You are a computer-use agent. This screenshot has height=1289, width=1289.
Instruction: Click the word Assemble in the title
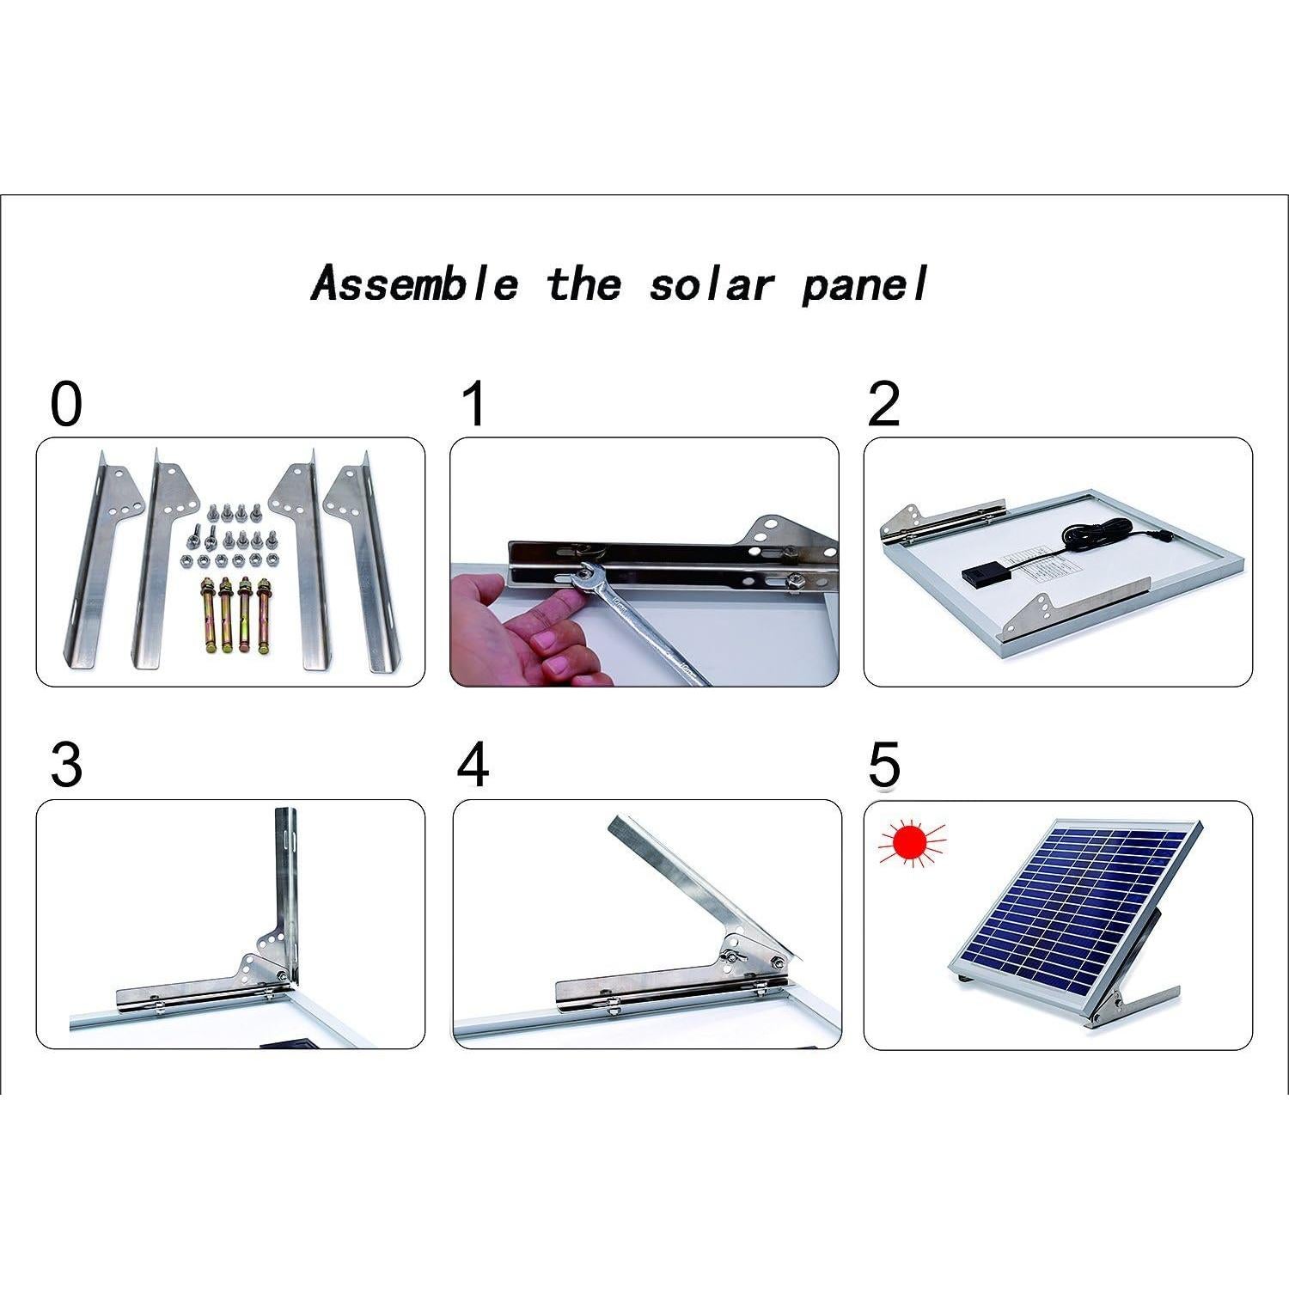point(415,284)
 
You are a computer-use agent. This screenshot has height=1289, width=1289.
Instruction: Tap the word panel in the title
point(864,284)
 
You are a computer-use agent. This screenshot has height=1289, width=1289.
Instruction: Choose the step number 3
point(66,765)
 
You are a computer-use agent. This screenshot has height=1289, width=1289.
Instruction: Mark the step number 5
point(883,765)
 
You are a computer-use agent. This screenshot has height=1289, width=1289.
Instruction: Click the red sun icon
point(912,842)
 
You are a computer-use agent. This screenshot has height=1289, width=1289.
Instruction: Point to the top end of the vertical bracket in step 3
point(284,816)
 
